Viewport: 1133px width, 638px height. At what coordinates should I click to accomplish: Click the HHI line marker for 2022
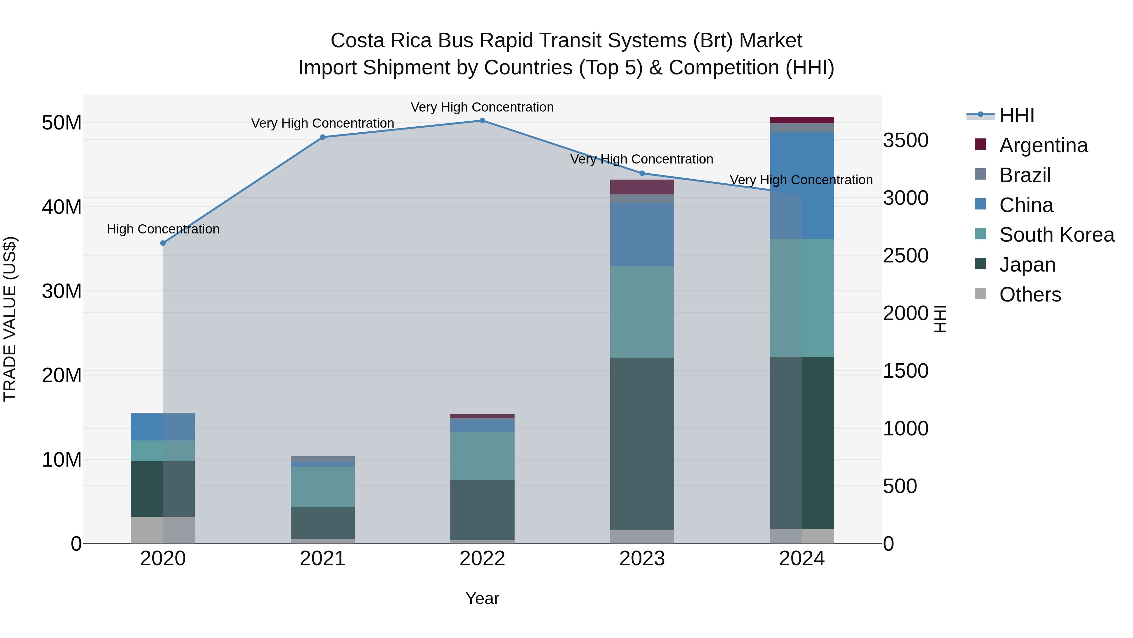coord(482,121)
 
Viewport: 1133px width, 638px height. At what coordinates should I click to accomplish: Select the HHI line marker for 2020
coord(163,243)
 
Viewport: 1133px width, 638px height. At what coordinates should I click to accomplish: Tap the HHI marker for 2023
coord(642,174)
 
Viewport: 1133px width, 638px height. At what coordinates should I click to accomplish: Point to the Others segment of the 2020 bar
coord(163,530)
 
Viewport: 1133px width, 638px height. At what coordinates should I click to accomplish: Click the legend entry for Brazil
coord(1025,175)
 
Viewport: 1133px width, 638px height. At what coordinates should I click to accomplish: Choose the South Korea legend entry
coord(1057,235)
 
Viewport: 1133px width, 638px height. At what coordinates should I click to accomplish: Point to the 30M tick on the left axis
coord(62,291)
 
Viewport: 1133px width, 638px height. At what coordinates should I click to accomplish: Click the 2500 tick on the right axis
coord(905,256)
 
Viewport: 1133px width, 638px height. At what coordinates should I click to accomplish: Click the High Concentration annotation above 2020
coord(163,229)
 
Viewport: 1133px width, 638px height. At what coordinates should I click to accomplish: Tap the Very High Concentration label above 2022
coord(482,107)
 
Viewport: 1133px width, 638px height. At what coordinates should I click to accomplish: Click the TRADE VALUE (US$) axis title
coord(10,319)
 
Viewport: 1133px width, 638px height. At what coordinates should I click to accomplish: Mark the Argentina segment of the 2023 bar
coord(642,187)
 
